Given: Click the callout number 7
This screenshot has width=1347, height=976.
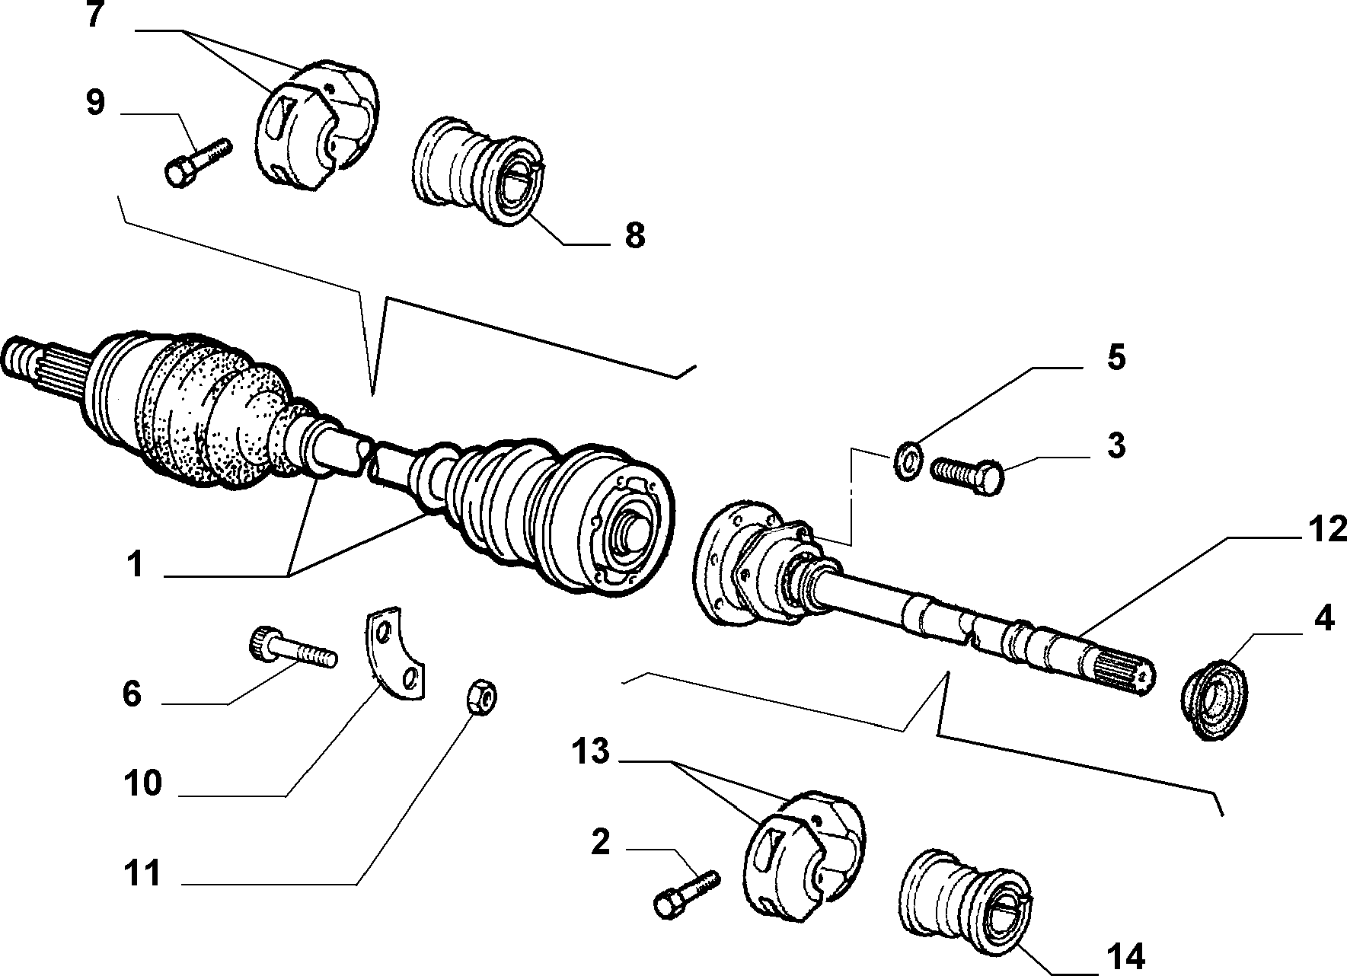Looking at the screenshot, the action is click(x=95, y=14).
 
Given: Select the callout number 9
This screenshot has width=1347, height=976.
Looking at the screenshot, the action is click(x=95, y=103).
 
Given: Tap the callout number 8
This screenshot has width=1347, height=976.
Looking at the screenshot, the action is click(x=635, y=235).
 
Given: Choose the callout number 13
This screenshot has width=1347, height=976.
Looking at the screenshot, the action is click(x=591, y=751).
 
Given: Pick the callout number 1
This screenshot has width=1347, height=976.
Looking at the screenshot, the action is click(x=135, y=565).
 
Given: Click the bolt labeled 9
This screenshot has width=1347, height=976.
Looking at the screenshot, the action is click(x=196, y=161).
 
